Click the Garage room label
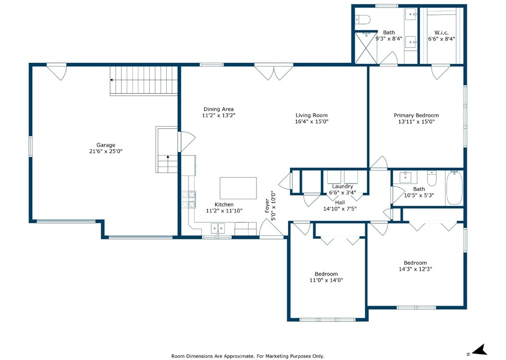click(x=105, y=145)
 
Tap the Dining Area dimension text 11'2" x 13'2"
click(x=219, y=115)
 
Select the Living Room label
click(x=311, y=115)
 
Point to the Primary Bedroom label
click(x=416, y=115)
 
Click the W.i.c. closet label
click(x=441, y=32)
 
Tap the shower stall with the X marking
click(x=366, y=48)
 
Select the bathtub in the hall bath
click(x=454, y=187)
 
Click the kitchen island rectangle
click(x=238, y=188)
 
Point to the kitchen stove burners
click(x=189, y=199)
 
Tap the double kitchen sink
click(x=218, y=228)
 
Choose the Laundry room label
click(x=342, y=186)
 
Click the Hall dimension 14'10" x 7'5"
click(x=339, y=209)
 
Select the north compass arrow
click(x=480, y=350)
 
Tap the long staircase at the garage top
click(x=144, y=81)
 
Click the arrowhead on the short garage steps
click(x=168, y=157)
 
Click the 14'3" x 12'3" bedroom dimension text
click(x=415, y=269)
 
